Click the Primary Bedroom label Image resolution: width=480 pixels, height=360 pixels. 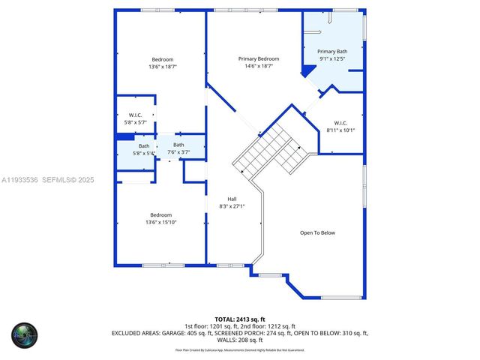point(259,58)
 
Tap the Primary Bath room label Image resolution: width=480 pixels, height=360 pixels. point(332,51)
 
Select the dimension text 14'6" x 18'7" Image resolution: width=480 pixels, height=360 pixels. point(259,66)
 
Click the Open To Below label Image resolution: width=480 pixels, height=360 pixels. point(317,232)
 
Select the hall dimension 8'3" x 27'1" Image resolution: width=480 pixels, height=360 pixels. point(232,206)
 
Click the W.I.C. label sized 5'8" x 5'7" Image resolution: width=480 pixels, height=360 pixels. point(135,115)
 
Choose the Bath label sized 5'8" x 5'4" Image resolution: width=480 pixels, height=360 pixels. point(143,146)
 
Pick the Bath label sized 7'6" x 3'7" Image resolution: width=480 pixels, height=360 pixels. point(178,145)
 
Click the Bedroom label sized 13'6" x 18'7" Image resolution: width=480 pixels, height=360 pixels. point(163,59)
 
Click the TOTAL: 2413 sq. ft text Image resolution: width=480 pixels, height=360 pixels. point(239,318)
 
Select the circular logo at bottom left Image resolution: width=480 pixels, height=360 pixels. point(24,334)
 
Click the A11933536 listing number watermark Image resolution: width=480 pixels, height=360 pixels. point(20,180)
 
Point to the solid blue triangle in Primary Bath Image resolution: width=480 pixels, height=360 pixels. point(306,71)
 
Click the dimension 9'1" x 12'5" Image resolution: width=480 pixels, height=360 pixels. point(332,58)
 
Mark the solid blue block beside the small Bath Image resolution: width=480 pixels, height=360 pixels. point(124,136)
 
